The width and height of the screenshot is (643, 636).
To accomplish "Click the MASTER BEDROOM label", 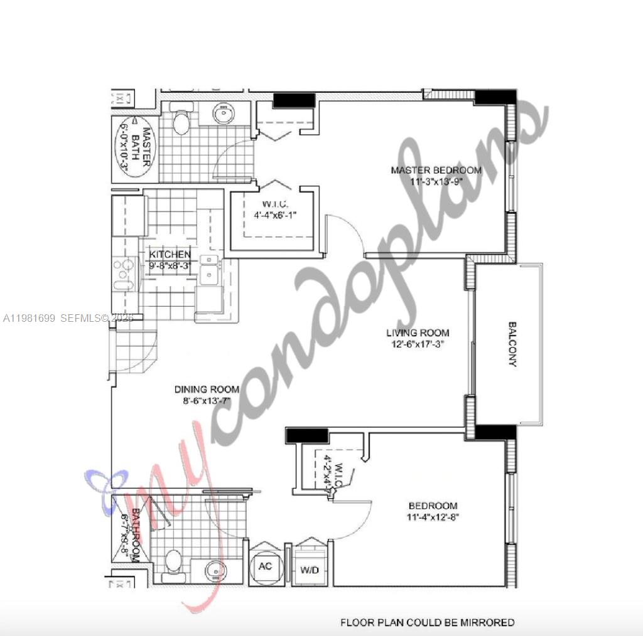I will pyautogui.click(x=436, y=170).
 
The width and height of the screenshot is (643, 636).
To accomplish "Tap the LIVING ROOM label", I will pyautogui.click(x=418, y=332).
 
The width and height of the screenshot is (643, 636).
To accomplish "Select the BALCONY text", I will pyautogui.click(x=512, y=344).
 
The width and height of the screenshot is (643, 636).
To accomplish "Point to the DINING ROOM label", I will pyautogui.click(x=207, y=390).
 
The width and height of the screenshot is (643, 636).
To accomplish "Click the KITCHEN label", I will pyautogui.click(x=170, y=254).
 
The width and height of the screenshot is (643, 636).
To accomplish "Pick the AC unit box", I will pyautogui.click(x=265, y=565).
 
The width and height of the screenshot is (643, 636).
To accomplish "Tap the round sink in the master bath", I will pyautogui.click(x=224, y=114).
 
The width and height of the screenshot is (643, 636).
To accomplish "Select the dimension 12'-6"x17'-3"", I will pyautogui.click(x=418, y=344).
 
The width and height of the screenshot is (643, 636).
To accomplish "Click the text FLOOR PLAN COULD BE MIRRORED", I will pyautogui.click(x=427, y=623).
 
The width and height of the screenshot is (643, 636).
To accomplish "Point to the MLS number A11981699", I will pyautogui.click(x=30, y=319).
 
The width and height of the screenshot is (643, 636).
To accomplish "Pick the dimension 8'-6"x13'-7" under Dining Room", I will pyautogui.click(x=203, y=401).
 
